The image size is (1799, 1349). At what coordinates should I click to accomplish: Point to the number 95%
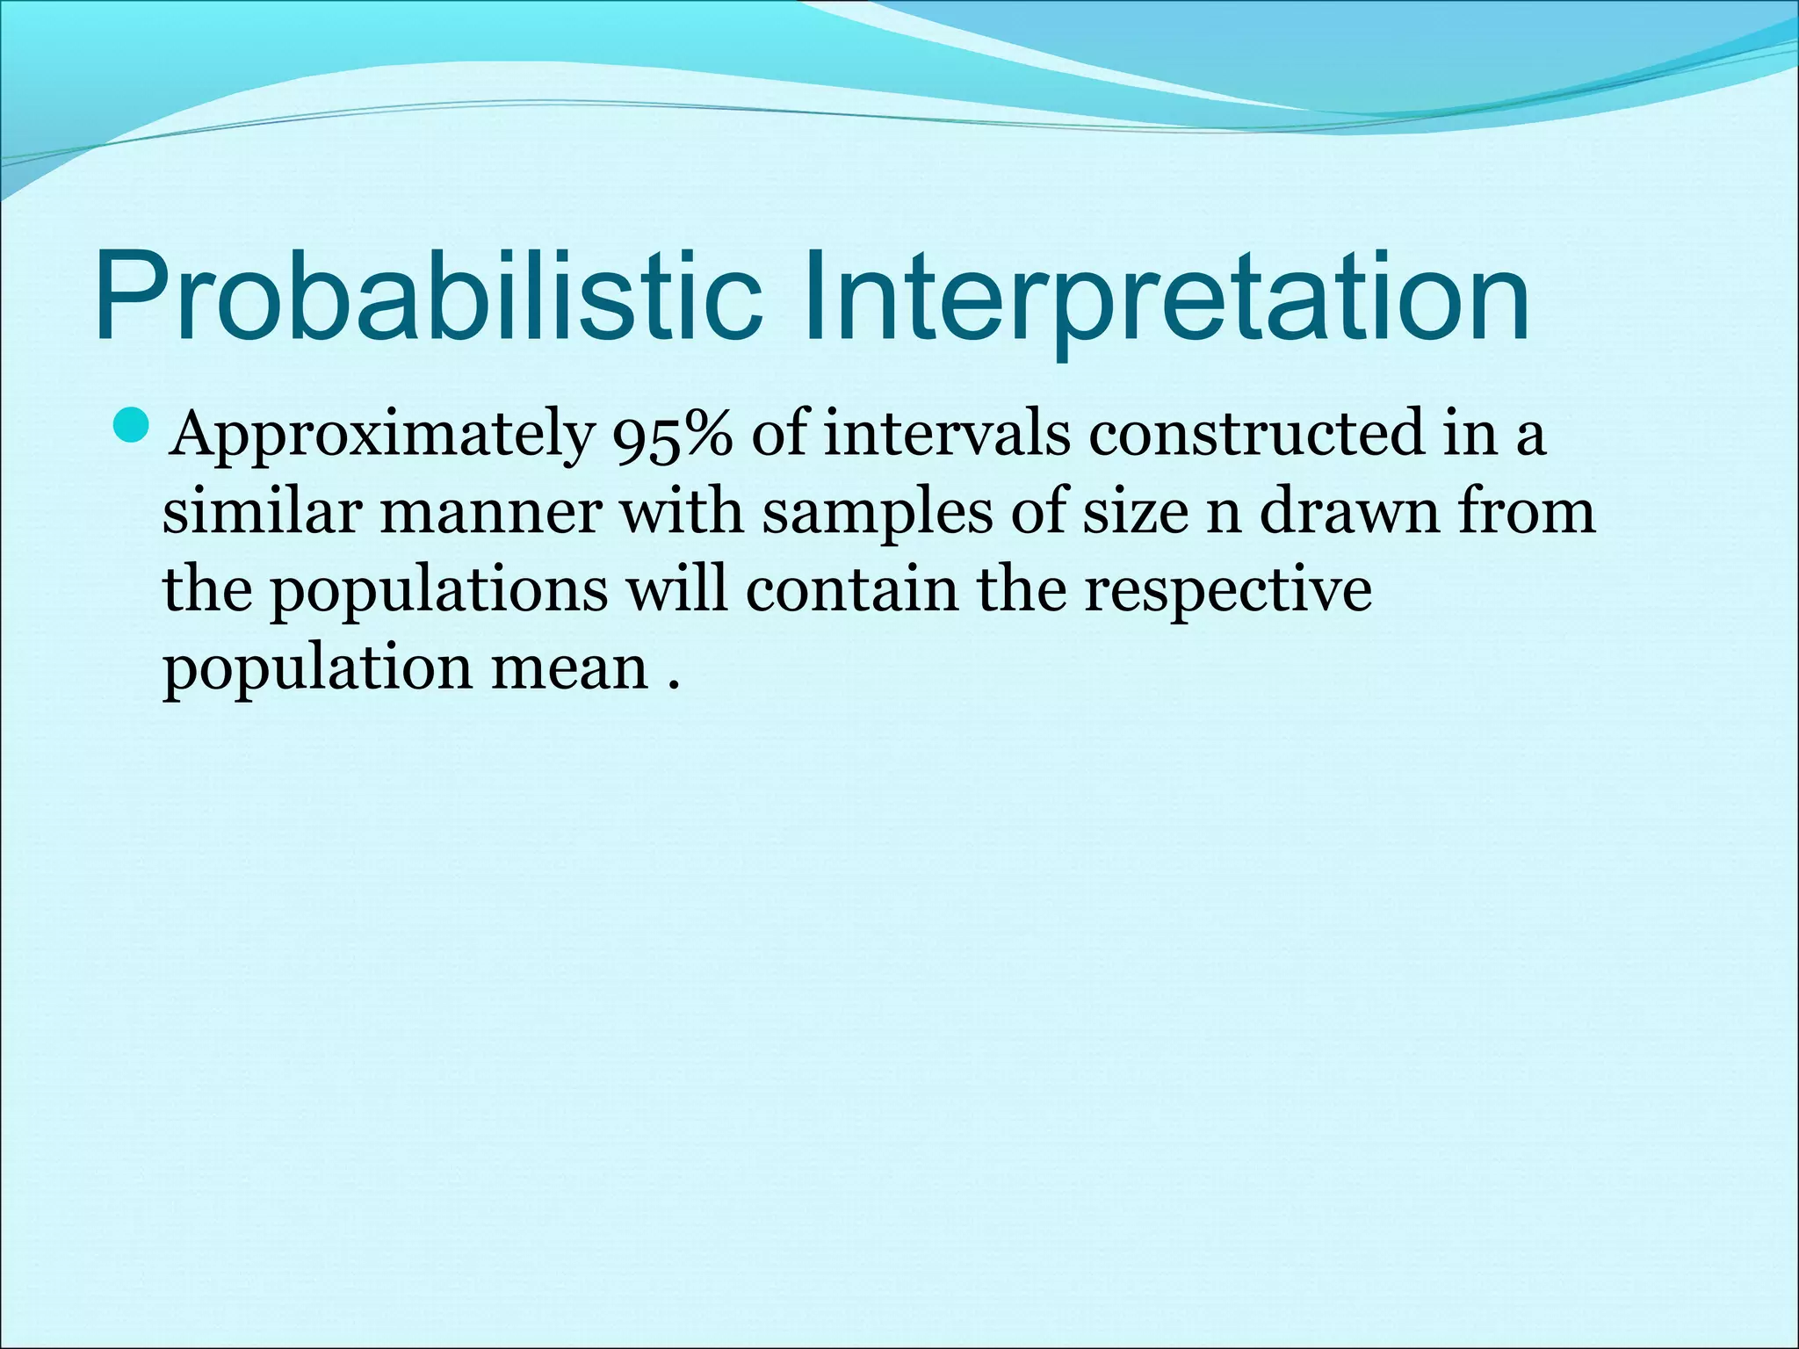672,435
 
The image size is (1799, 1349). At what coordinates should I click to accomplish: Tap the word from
1527,510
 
